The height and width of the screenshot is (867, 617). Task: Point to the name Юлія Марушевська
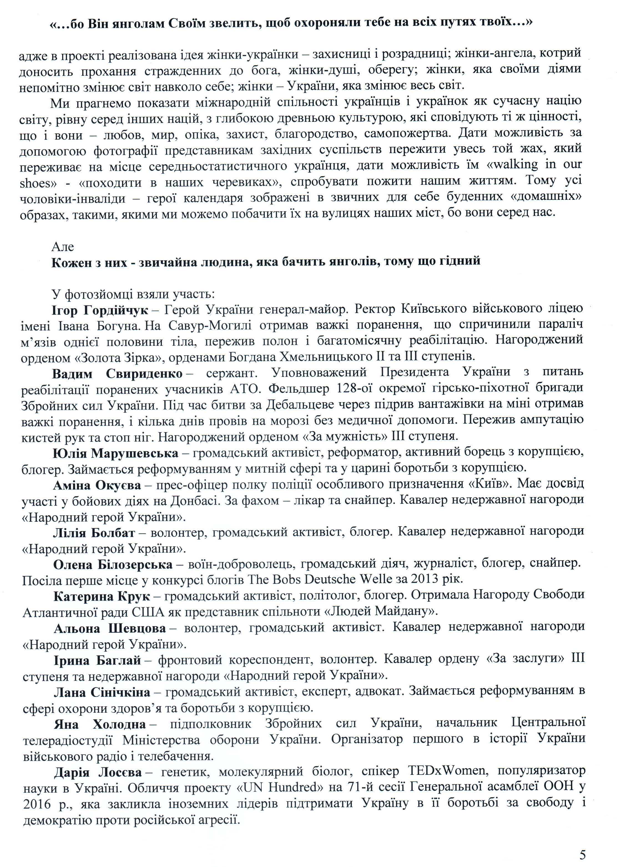click(x=115, y=453)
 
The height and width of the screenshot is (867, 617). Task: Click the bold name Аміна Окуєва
click(x=97, y=485)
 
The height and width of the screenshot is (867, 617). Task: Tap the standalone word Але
click(x=63, y=247)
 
